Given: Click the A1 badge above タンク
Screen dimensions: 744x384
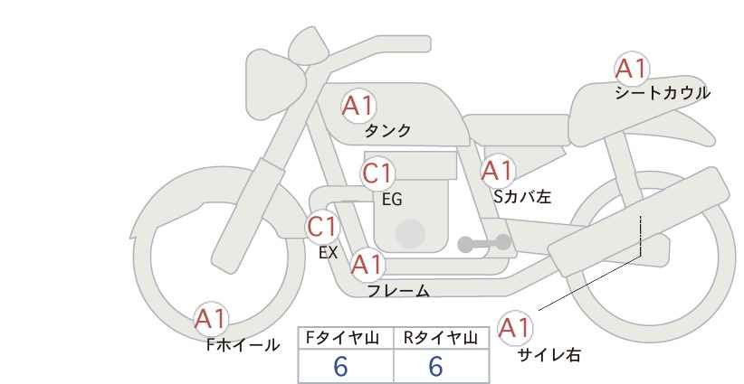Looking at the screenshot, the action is point(358,106).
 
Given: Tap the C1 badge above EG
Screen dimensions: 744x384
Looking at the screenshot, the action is point(377,173).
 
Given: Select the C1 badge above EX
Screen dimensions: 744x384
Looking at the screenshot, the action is point(321,227).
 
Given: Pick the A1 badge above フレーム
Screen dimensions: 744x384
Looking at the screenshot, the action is point(367,265).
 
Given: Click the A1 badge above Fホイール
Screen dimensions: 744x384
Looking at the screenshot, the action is point(211,319).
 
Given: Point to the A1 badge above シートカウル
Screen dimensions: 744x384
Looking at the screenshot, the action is point(631,69).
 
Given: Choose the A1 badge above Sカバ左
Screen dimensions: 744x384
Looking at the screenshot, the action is point(497,171).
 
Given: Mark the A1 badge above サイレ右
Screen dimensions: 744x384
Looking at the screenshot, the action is point(514,328).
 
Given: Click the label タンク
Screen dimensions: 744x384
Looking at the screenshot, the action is point(387,131).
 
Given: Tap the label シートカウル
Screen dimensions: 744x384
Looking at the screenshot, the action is point(663,93).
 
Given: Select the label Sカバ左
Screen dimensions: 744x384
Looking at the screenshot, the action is point(522,196).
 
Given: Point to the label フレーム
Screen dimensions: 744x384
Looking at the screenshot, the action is point(398,291).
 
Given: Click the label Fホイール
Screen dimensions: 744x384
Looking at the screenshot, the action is point(243,345).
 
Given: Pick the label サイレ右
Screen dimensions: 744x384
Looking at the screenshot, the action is point(549,355).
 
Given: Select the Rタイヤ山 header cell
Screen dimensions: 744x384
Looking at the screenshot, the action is point(442,338).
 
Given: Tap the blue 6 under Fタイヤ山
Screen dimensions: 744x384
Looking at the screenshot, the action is point(340,366).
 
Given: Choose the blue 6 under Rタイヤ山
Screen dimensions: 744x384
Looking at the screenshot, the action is point(435,366).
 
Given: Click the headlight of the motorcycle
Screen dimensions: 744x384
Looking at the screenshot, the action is point(273,85).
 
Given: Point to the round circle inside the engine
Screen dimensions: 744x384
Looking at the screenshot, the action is point(410,233).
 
